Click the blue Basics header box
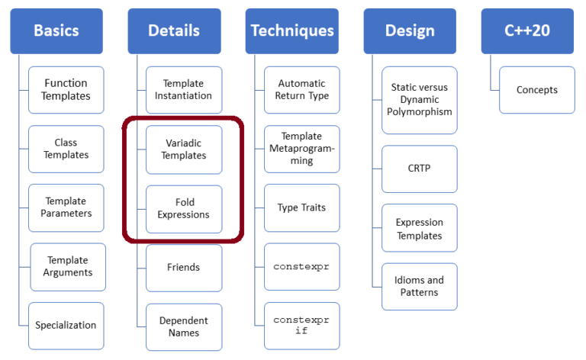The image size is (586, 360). click(56, 31)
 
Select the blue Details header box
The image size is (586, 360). click(173, 31)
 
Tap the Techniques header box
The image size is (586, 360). click(292, 31)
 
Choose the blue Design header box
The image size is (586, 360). click(410, 31)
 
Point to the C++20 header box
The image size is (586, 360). click(527, 31)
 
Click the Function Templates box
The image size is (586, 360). click(66, 90)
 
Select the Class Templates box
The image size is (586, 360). click(66, 149)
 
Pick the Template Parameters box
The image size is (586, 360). click(66, 207)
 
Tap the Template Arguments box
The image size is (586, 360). click(68, 266)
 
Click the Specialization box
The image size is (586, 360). click(66, 325)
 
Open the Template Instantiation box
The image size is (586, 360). click(184, 90)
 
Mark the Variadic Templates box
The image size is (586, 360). click(184, 149)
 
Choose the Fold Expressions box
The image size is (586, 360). click(184, 208)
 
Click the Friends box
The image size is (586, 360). click(184, 268)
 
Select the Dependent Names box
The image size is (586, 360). click(184, 326)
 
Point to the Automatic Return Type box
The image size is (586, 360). click(302, 90)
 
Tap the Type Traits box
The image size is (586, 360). click(302, 207)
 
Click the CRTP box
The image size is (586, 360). click(420, 169)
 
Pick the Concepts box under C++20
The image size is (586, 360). click(537, 90)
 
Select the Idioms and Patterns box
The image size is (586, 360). click(420, 286)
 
